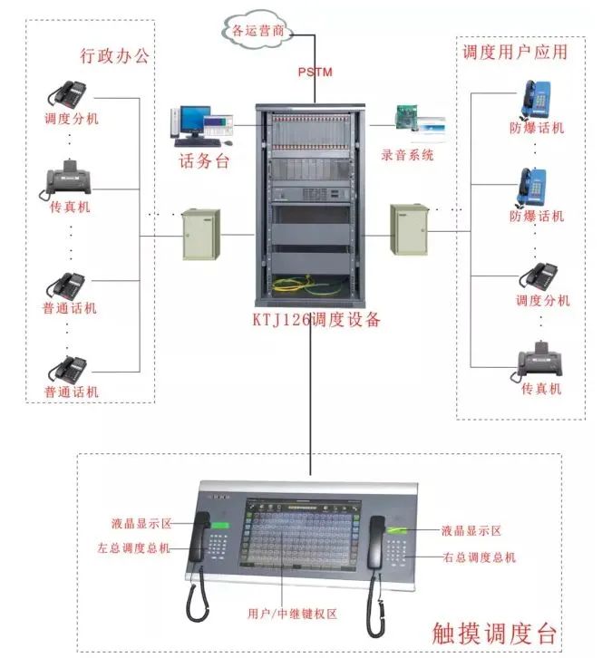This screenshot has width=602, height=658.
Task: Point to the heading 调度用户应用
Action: point(514,52)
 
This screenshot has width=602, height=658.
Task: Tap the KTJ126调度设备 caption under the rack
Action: point(316,320)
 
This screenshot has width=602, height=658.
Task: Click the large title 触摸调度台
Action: point(495,632)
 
